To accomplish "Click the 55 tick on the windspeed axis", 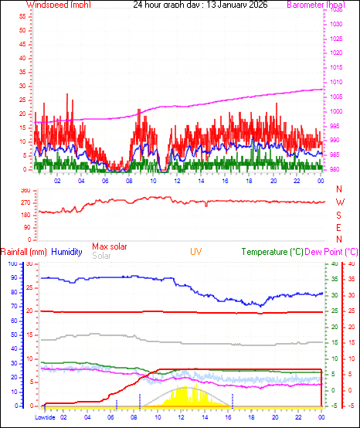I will coord(22,15).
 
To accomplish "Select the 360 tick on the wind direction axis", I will coord(25,190).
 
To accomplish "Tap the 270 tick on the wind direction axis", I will coord(25,202).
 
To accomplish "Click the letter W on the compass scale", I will coord(339,202).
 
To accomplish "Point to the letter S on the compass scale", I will coord(339,215).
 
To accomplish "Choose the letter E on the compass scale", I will coord(339,228).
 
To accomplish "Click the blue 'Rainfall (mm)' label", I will coord(24,252).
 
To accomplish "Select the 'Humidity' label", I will coord(66,252).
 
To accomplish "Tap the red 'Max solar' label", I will coord(109,246).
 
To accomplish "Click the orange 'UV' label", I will coord(196,252).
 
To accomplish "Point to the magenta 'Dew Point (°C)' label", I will coord(331,252).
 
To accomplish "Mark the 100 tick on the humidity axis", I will coord(11,263).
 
